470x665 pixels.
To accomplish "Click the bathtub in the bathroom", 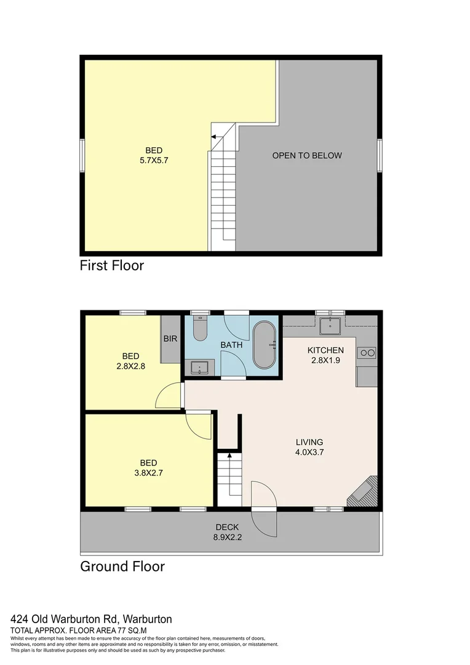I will coord(265,345).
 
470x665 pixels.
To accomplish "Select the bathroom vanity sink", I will coord(199,368).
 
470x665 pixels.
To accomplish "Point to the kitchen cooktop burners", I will coord(367,353).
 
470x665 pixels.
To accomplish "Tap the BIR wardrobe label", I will coord(170,339).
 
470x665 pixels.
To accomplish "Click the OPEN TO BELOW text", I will coord(307,156).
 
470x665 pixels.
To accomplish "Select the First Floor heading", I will coord(111,266).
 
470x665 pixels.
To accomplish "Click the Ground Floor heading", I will coord(122,566).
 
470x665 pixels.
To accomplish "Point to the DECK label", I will coord(227,527).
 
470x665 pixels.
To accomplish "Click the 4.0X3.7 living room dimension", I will coord(309,452).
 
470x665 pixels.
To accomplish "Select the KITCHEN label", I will coord(325,350).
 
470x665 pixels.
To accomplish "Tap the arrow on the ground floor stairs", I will coord(229,456).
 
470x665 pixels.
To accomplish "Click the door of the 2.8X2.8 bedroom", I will coord(169,395).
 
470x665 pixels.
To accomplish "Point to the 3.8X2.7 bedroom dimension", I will coord(148,474).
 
